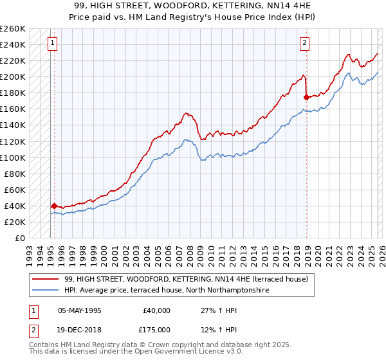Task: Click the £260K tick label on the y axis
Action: click(13, 29)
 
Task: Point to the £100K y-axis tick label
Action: click(13, 157)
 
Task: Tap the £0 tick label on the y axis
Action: click(20, 238)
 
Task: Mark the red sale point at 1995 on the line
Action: click(53, 206)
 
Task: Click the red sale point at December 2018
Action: click(306, 97)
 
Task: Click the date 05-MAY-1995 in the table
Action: click(80, 310)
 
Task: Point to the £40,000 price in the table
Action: click(156, 310)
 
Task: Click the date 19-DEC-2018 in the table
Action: click(80, 330)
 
